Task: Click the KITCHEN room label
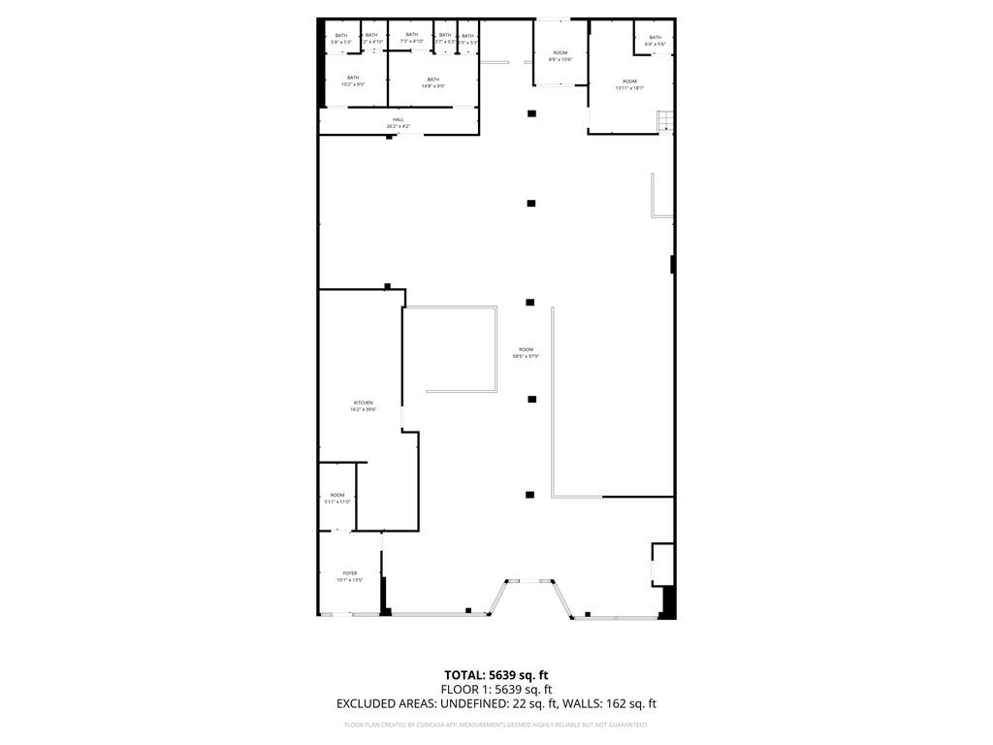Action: [363, 403]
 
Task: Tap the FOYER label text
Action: [349, 573]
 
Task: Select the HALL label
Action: [399, 119]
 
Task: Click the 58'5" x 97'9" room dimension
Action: [526, 357]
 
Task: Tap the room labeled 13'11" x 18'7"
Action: [629, 84]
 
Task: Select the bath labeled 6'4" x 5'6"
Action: [655, 41]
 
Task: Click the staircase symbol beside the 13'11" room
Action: [664, 122]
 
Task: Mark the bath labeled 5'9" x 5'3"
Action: [340, 39]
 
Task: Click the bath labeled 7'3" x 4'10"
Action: [411, 38]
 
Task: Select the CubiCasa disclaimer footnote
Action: [496, 725]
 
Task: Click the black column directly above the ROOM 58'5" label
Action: [530, 303]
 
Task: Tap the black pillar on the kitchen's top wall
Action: [387, 286]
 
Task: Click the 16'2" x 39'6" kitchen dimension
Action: [363, 409]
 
